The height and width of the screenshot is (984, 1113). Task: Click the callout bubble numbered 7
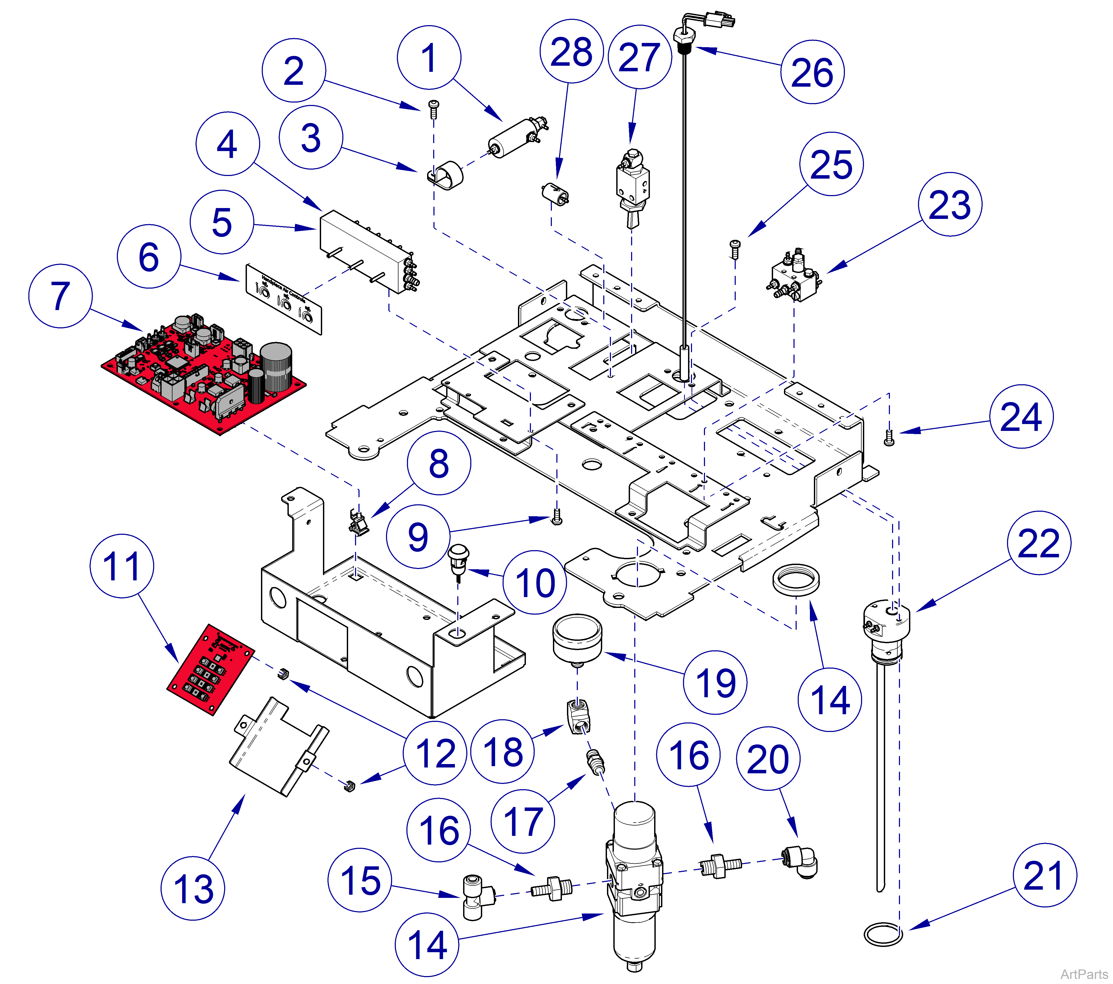(60, 296)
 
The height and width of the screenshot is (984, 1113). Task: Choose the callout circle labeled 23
(950, 205)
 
